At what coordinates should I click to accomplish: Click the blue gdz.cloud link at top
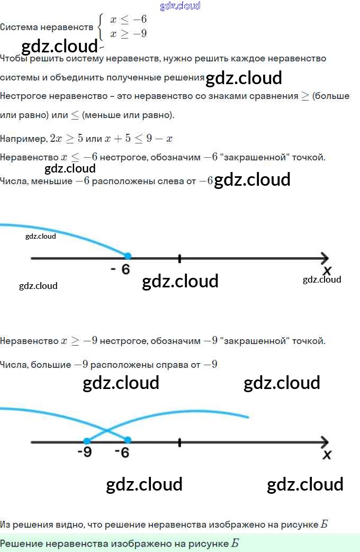click(180, 6)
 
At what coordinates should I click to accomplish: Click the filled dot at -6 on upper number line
click(128, 256)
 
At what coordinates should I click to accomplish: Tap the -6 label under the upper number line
click(120, 269)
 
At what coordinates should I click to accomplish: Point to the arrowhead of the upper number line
click(324, 258)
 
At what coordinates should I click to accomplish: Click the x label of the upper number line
click(327, 271)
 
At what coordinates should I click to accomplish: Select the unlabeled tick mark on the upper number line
click(180, 258)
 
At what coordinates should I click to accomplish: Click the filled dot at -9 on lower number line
click(87, 440)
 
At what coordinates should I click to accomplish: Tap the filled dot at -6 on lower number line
click(128, 440)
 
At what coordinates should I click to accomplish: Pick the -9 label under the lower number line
click(84, 453)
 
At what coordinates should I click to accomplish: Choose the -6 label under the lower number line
click(122, 453)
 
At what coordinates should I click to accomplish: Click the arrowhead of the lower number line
click(324, 442)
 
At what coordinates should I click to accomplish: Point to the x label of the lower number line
click(327, 455)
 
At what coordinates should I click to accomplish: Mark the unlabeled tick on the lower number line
click(180, 442)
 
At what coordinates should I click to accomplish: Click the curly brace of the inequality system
click(101, 26)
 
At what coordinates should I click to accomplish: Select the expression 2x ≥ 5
click(67, 139)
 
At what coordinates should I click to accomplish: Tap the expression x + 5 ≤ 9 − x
click(139, 139)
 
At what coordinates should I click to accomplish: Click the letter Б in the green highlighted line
click(235, 544)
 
